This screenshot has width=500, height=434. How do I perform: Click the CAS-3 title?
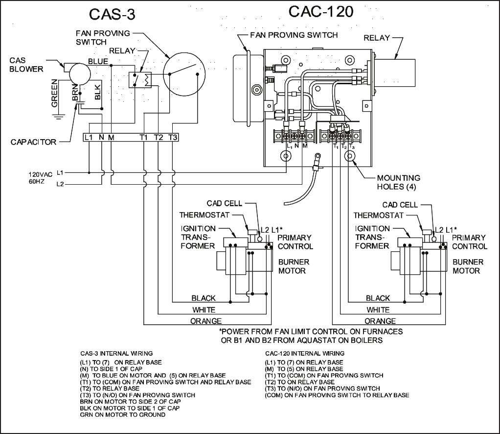coord(112,15)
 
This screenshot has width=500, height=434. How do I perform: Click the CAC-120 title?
coord(320,12)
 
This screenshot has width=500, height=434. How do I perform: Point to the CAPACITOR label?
coord(33,142)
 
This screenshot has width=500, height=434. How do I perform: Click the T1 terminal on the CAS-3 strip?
coord(143,137)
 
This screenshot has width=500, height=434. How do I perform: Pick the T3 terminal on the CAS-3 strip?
coord(173,137)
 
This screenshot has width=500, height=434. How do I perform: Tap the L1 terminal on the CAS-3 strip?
coord(89,137)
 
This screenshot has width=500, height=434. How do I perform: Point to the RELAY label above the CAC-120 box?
coord(377,38)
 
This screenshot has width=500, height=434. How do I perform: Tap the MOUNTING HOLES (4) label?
coord(398,182)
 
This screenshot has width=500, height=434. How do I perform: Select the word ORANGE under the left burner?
coord(205,321)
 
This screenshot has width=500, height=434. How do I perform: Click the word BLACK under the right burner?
coord(378,298)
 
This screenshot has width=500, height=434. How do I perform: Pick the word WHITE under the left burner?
coord(204,310)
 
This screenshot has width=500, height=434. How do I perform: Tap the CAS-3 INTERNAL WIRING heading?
coord(116,353)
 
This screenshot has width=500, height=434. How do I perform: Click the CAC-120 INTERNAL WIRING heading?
coord(305,353)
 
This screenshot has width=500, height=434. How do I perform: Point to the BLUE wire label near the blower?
coord(98,61)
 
